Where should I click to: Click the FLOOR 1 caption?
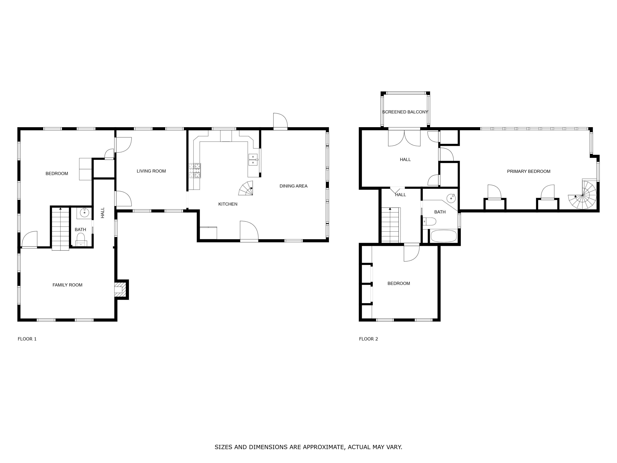point(27,339)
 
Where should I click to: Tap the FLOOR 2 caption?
point(369,339)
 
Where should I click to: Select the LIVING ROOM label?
point(151,171)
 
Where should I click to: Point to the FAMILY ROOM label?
point(67,285)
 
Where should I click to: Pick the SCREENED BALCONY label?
point(405,112)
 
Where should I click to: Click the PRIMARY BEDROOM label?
point(529,171)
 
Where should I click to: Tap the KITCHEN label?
point(228,204)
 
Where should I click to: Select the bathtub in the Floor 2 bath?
point(443,236)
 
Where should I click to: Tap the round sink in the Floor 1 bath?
point(85,213)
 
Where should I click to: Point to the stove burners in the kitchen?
point(195,171)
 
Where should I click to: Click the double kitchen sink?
point(253,160)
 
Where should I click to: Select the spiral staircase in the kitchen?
point(246,188)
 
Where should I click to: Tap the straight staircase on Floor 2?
point(391,225)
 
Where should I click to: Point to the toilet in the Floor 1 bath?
point(81,239)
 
